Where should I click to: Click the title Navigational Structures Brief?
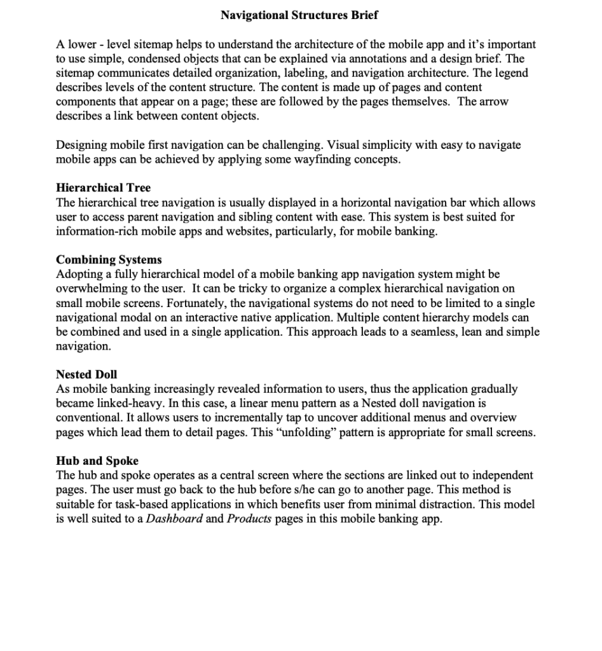pyautogui.click(x=299, y=15)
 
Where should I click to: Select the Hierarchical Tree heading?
pyautogui.click(x=103, y=188)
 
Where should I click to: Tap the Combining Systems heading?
pyautogui.click(x=109, y=259)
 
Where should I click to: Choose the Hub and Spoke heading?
pyautogui.click(x=97, y=460)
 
